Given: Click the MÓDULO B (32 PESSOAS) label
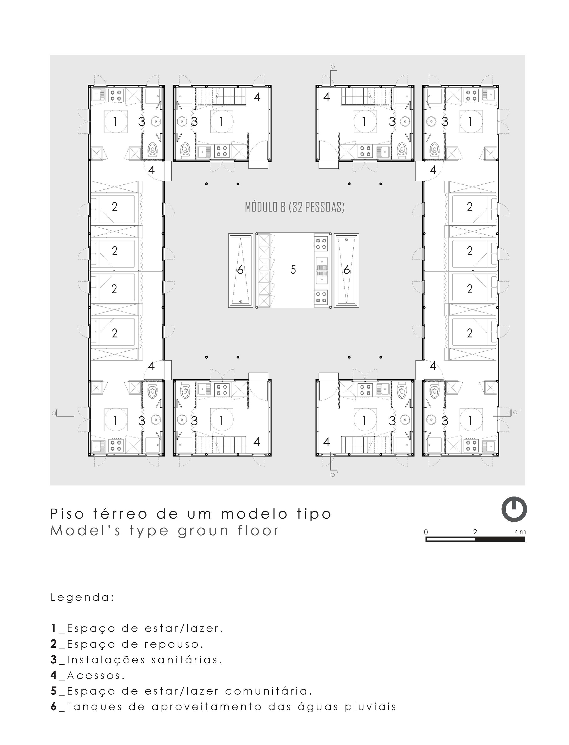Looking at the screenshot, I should pyautogui.click(x=295, y=207).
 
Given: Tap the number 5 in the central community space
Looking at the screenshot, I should pyautogui.click(x=293, y=270).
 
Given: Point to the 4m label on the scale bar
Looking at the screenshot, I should pyautogui.click(x=520, y=532).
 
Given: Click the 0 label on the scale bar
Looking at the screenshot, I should pyautogui.click(x=426, y=532).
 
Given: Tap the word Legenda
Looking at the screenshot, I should pyautogui.click(x=82, y=597).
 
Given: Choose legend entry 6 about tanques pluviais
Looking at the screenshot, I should pyautogui.click(x=224, y=707).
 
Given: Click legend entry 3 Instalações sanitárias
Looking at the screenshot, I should pyautogui.click(x=136, y=660).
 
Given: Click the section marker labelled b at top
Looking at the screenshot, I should pyautogui.click(x=333, y=67).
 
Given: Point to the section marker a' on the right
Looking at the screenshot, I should pyautogui.click(x=517, y=412).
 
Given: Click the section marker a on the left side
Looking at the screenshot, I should pyautogui.click(x=53, y=413).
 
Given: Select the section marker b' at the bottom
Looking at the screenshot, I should pyautogui.click(x=334, y=474).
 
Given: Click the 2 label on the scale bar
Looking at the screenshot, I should pyautogui.click(x=475, y=532).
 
